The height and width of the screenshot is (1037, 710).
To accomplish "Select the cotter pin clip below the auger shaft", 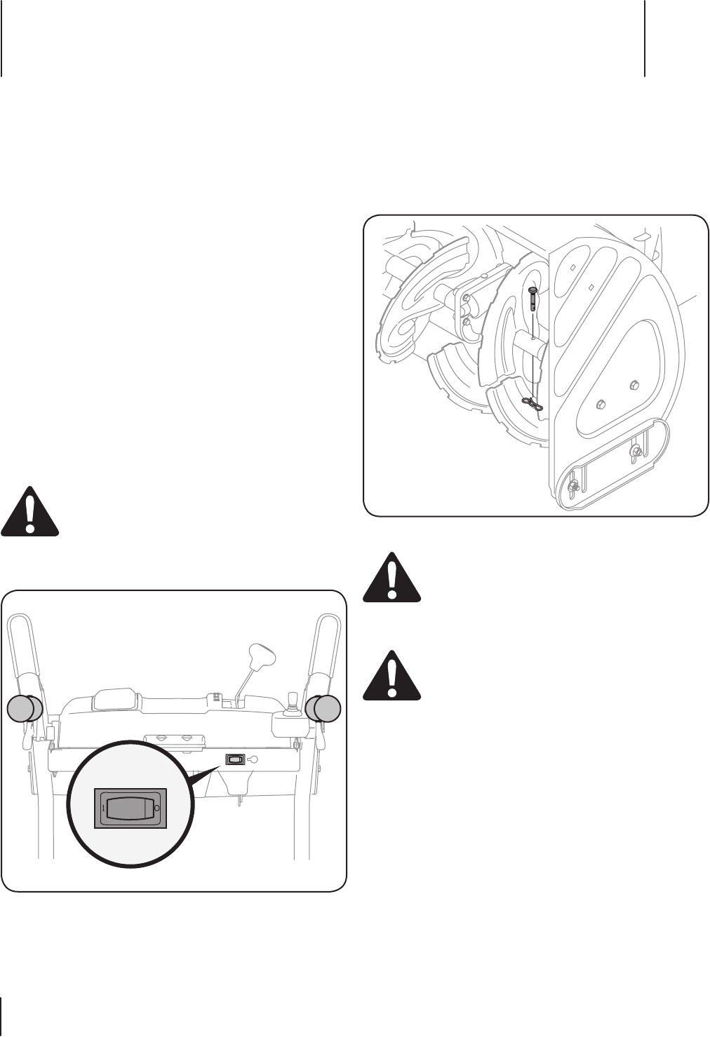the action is (532, 405).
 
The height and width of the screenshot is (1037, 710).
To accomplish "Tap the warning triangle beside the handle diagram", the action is (29, 510).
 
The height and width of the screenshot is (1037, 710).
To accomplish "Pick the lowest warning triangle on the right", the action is (391, 675).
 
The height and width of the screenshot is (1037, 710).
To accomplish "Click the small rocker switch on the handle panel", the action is (235, 759).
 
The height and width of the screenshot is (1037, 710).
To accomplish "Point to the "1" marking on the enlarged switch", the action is (103, 808).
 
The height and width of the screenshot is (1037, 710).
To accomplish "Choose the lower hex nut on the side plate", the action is (601, 405).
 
